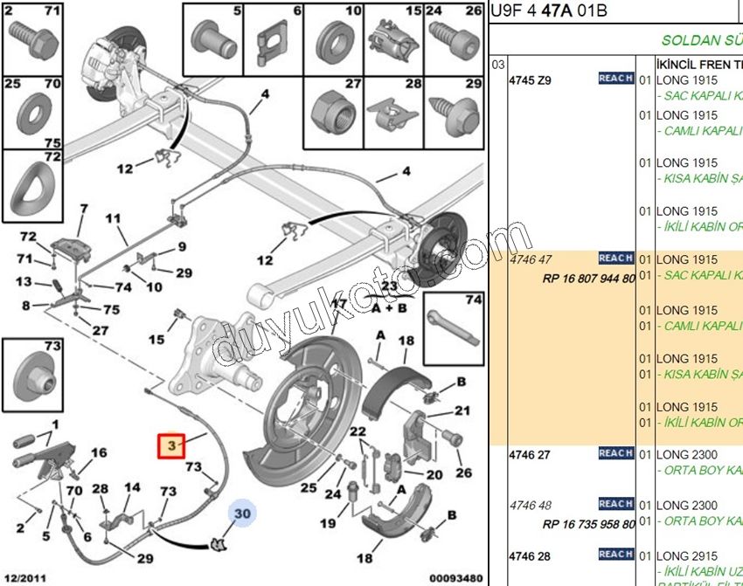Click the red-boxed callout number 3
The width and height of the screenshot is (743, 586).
(171, 446)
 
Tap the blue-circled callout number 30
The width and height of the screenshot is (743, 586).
(242, 514)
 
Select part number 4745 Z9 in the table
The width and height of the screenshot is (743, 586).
(531, 80)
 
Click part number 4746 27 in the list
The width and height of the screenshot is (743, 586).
(531, 454)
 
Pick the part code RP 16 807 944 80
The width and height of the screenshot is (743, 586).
(588, 279)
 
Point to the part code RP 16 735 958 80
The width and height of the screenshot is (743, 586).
(588, 525)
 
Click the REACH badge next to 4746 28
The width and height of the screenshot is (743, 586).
(616, 554)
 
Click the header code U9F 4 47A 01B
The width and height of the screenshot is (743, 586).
(550, 11)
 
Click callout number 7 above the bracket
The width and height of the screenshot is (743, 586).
(84, 209)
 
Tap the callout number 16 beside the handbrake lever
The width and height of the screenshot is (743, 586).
(99, 452)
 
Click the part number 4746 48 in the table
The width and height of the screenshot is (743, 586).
(531, 505)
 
